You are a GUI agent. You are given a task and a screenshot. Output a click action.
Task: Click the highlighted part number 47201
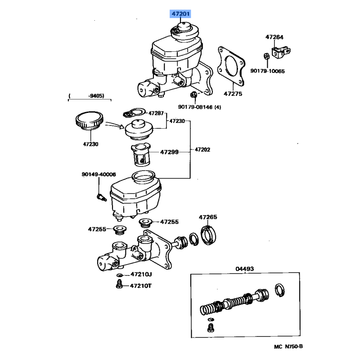(180, 14)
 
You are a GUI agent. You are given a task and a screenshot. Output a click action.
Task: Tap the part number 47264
(274, 37)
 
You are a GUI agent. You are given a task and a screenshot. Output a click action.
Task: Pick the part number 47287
(157, 113)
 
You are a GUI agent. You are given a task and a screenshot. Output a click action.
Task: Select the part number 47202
(202, 150)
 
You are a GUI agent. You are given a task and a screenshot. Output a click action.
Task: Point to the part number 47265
(208, 217)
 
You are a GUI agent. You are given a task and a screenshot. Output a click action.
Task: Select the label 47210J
(141, 274)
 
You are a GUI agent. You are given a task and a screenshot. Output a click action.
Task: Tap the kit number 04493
(244, 269)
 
